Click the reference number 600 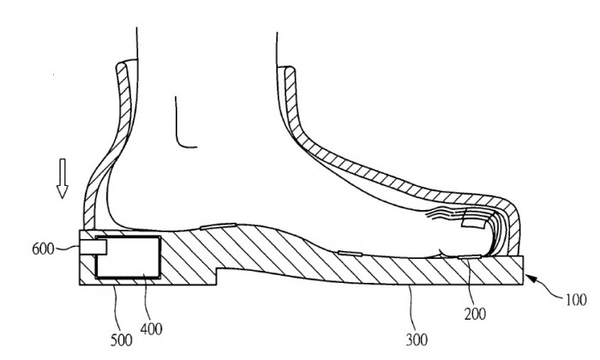point(43,249)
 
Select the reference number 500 point(122,339)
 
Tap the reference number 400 point(151,328)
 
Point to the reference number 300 point(417,339)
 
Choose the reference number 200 point(475,314)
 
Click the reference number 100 point(576,299)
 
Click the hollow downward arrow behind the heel point(62,178)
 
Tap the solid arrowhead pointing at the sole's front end point(530,278)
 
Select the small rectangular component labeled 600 point(93,247)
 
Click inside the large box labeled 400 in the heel point(128,256)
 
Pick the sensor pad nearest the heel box point(218,226)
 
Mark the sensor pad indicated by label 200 point(470,256)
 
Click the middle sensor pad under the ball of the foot point(350,253)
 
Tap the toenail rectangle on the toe point(475,219)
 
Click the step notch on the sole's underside point(217,276)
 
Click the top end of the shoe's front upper point(286,69)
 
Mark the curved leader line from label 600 point(68,249)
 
